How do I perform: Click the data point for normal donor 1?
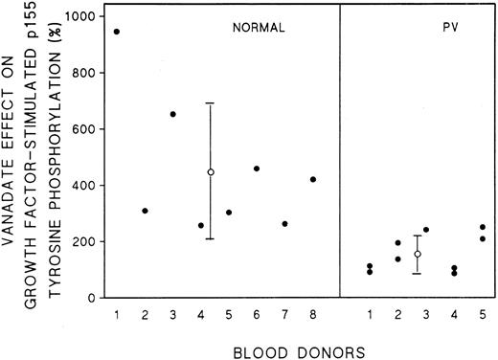pos(117,32)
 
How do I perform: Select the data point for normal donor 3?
pos(172,114)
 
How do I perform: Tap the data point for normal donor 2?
pos(145,211)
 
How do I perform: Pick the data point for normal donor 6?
pos(257,169)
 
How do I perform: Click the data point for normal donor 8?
pos(313,179)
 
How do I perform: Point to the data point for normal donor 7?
pos(284,224)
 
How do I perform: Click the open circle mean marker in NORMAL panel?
pos(210,172)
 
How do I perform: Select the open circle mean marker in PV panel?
pos(418,254)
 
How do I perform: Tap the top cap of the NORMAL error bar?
pos(210,103)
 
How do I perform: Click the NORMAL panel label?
pos(259,29)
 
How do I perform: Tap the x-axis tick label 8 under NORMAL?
pos(313,315)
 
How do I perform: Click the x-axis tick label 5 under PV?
pos(482,315)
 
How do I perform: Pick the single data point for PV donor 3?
pos(426,230)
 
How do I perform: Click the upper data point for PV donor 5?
pos(482,227)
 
